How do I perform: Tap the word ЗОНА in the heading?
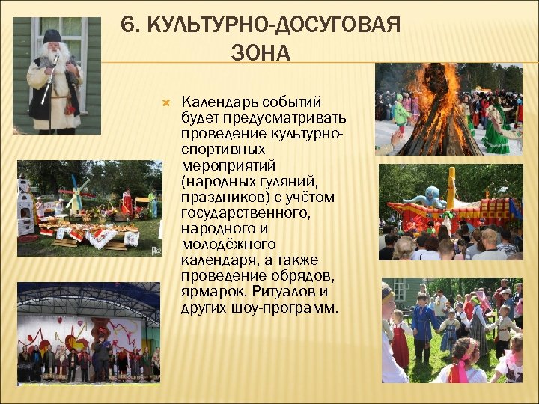click(261, 53)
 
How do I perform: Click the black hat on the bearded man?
click(52, 36)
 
